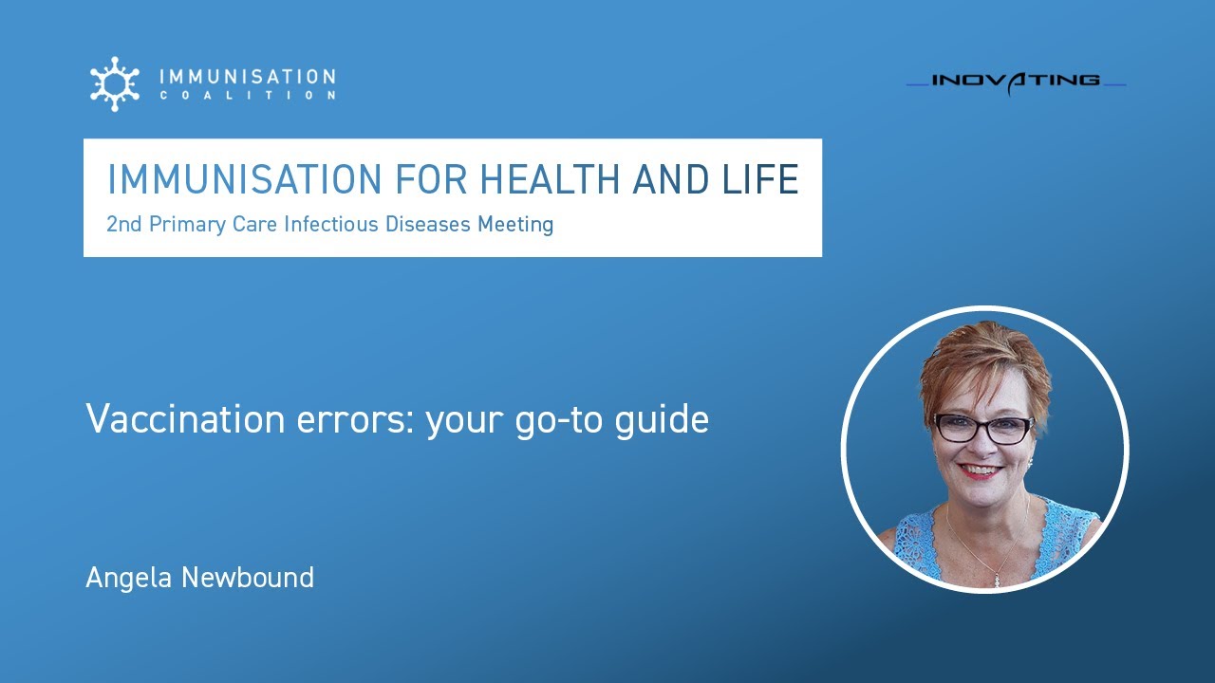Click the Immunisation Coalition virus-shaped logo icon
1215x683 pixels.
pyautogui.click(x=114, y=83)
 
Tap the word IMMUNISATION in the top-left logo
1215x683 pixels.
pyautogui.click(x=247, y=76)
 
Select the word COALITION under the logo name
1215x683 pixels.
pyautogui.click(x=247, y=96)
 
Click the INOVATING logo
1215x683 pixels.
pyautogui.click(x=1016, y=81)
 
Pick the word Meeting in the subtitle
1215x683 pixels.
pyautogui.click(x=515, y=225)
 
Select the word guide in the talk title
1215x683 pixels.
pyautogui.click(x=665, y=419)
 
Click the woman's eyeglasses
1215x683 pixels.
pyautogui.click(x=983, y=429)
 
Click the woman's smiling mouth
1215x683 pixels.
pyautogui.click(x=981, y=470)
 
